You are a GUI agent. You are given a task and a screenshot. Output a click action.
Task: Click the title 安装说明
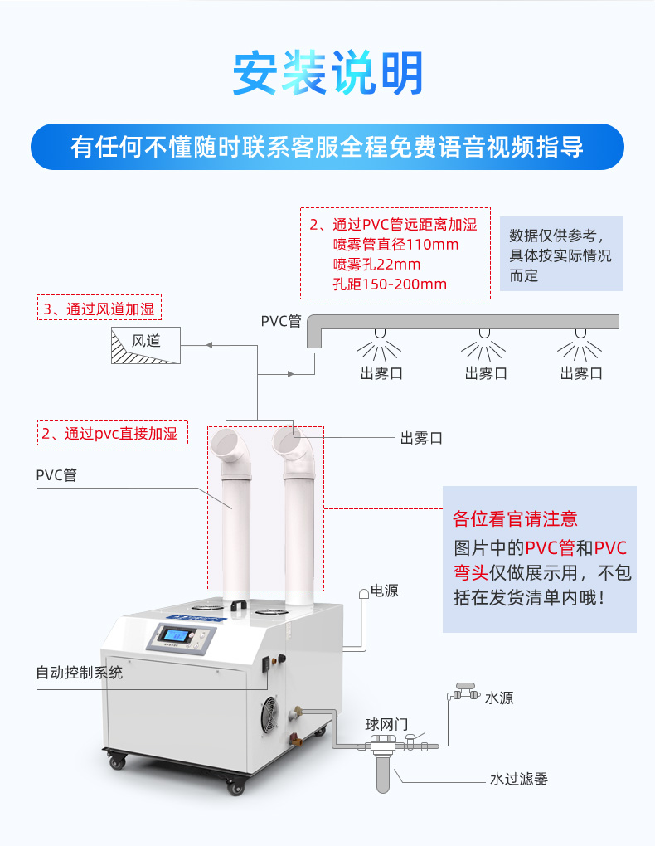click(x=327, y=73)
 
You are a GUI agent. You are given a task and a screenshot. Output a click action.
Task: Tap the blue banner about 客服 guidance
click(x=327, y=147)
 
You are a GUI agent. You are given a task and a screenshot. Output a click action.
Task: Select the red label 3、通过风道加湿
click(x=99, y=309)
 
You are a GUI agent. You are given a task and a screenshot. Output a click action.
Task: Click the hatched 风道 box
click(x=146, y=346)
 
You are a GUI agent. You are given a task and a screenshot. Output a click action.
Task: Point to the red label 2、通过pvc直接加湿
click(x=113, y=433)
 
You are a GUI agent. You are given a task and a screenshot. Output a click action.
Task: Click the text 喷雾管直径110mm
click(x=395, y=245)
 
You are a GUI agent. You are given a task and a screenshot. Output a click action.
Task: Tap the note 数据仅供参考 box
click(x=560, y=255)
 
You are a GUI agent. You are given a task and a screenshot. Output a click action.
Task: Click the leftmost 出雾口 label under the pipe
click(x=381, y=373)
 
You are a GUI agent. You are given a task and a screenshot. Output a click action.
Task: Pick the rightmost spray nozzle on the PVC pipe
click(x=580, y=334)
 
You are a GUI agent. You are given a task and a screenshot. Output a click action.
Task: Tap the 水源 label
click(x=499, y=698)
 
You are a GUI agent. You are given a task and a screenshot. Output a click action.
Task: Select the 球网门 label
click(x=386, y=723)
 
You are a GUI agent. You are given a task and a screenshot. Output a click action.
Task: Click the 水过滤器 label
click(x=519, y=779)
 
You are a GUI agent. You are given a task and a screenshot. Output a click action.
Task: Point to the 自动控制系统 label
click(x=79, y=672)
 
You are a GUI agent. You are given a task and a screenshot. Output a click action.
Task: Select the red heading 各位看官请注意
click(x=515, y=519)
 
